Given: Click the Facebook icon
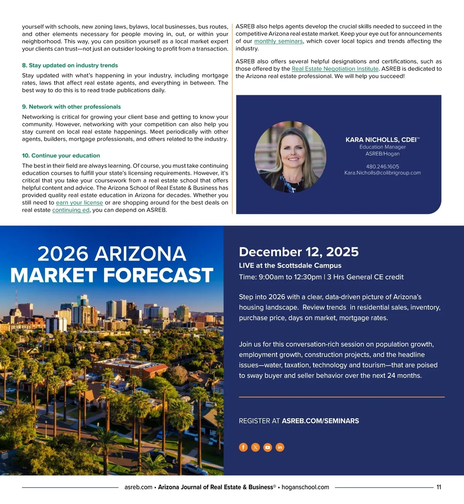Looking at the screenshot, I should [x=243, y=447].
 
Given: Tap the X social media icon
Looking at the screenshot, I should [x=256, y=447].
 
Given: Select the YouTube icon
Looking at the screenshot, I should [x=268, y=447].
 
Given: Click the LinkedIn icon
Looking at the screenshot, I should [x=280, y=447].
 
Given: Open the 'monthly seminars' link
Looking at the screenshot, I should [x=278, y=41].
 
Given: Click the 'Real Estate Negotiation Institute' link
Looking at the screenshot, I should [x=335, y=69].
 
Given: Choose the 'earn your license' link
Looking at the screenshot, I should [x=79, y=203].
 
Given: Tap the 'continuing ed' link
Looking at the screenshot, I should [x=71, y=210].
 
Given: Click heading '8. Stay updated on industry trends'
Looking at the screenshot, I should [x=70, y=65].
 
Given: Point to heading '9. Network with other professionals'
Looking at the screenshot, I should [x=72, y=107].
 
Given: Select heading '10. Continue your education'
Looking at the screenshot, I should [x=61, y=156].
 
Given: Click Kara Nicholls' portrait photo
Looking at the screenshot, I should [x=290, y=157].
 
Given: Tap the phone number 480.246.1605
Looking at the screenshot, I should [x=382, y=166].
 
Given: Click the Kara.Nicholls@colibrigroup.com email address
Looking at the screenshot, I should [x=382, y=173].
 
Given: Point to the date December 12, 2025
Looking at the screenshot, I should [x=299, y=252].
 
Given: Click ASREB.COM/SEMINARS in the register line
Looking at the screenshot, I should [x=320, y=421].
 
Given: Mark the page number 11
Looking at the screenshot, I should [x=439, y=487].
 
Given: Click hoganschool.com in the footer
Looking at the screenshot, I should [x=305, y=487].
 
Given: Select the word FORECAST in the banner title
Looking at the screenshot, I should [x=158, y=275].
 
